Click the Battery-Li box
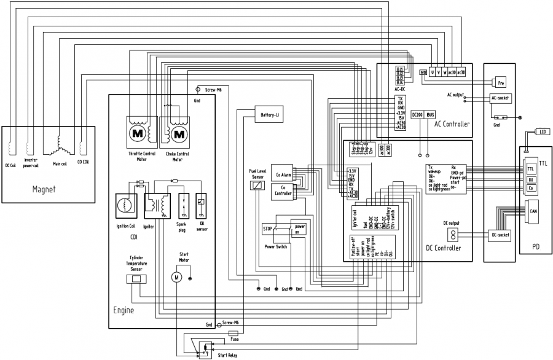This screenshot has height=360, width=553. [270, 114]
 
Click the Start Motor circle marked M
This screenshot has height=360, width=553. [176, 278]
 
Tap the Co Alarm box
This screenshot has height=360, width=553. [283, 174]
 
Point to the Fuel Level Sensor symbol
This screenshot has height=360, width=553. [257, 185]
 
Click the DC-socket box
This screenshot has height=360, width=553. [501, 235]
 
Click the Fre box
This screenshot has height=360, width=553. [501, 82]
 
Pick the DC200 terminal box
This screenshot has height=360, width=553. [417, 115]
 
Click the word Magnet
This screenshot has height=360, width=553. [44, 189]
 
